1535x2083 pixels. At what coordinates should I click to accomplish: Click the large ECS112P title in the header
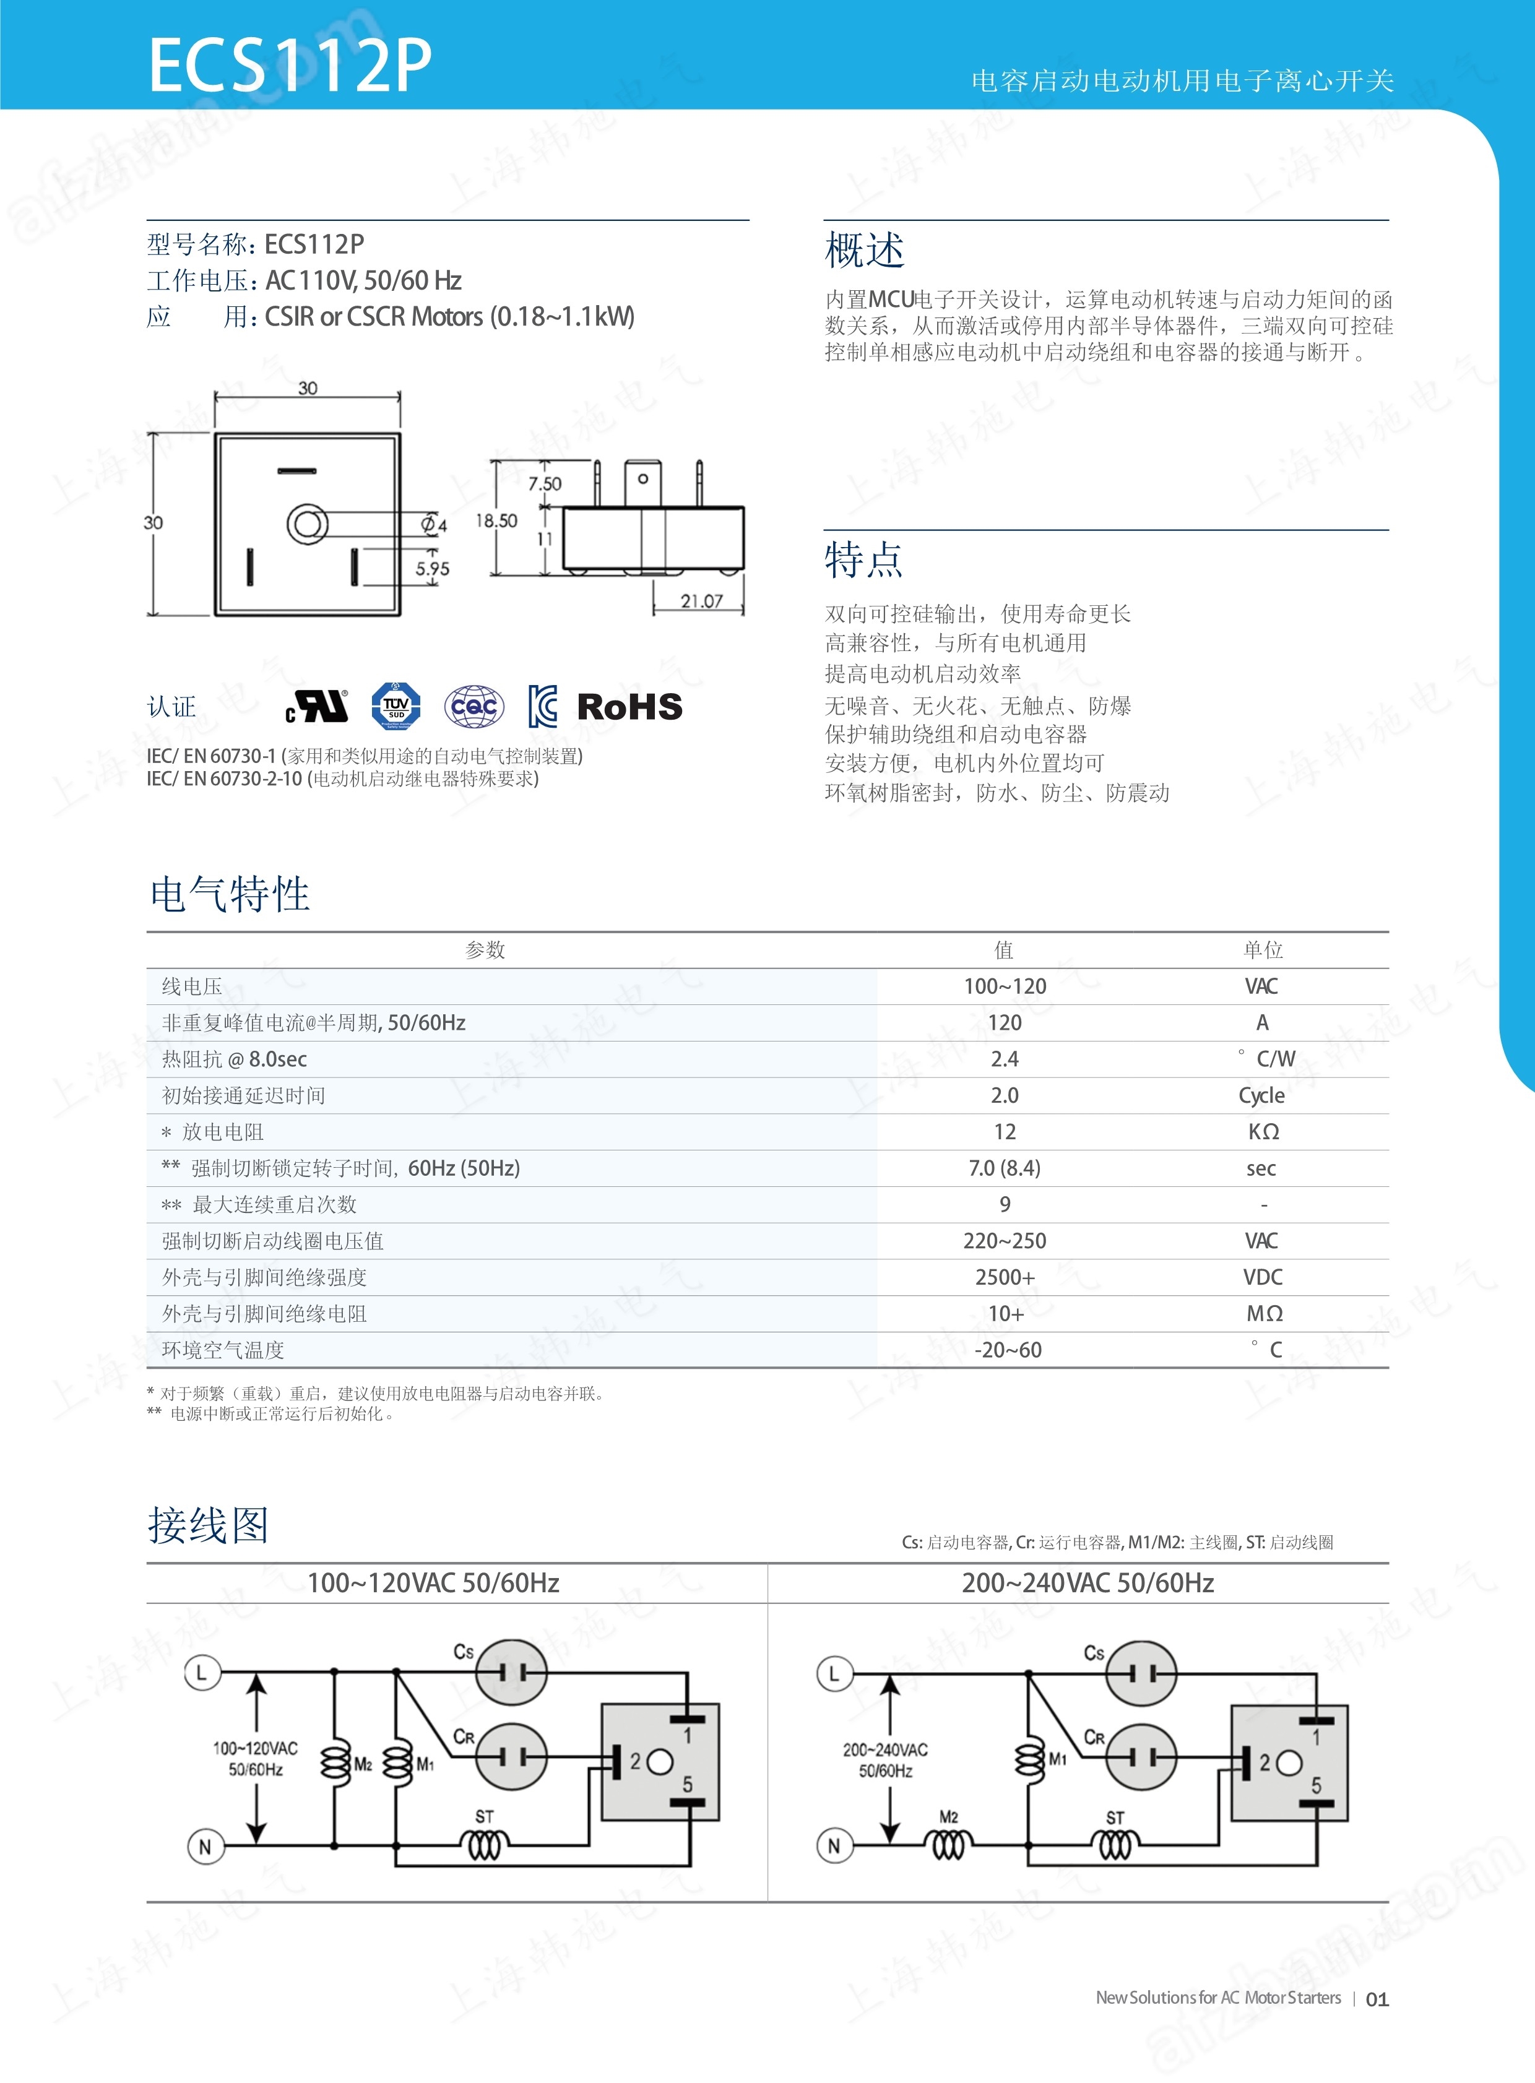click(x=290, y=65)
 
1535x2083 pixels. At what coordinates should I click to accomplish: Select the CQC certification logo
click(x=474, y=707)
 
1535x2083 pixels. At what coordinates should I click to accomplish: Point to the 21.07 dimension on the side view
click(x=701, y=601)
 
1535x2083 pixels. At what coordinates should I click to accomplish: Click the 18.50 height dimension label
click(x=496, y=521)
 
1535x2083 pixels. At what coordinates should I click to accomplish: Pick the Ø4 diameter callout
click(x=434, y=525)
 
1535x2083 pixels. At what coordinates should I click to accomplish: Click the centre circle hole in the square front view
click(x=306, y=524)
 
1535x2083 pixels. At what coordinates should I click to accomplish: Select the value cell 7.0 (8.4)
click(x=1005, y=1168)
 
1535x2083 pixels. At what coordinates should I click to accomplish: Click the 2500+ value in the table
click(x=1005, y=1277)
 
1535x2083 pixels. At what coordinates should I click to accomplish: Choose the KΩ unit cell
click(x=1263, y=1132)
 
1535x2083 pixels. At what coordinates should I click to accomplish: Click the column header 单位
click(x=1263, y=949)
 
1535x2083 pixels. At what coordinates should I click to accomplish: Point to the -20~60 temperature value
click(x=1007, y=1350)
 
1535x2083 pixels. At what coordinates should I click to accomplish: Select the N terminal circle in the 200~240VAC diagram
click(x=834, y=1846)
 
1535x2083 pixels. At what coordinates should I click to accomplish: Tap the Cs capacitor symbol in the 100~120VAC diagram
click(x=511, y=1672)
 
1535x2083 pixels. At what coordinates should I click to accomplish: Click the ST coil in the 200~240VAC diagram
click(x=1115, y=1844)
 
